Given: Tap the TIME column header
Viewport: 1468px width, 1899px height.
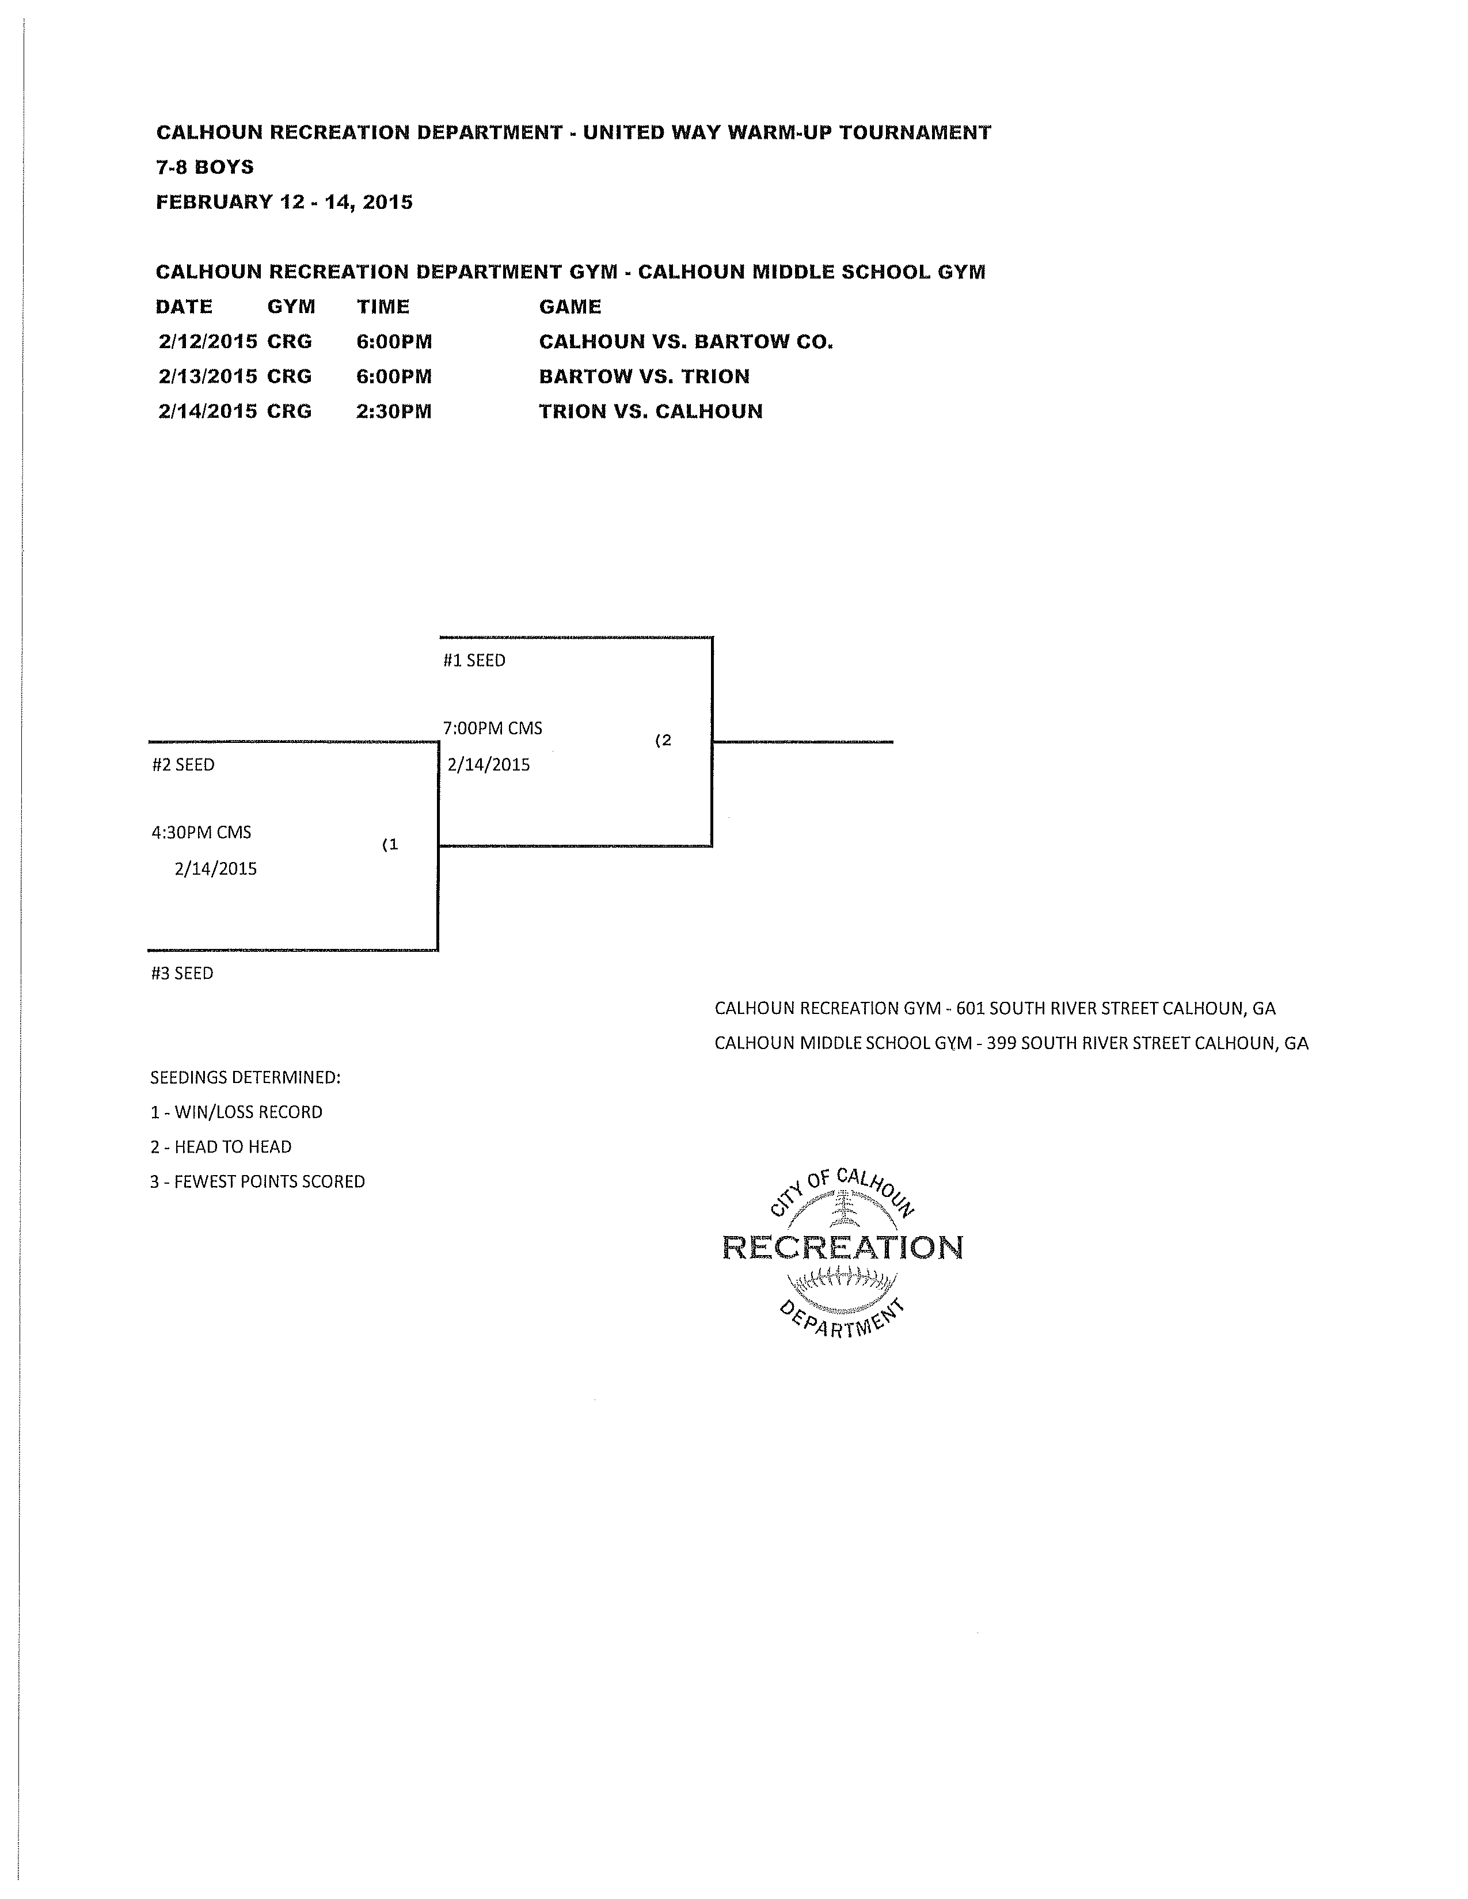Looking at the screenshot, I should (x=383, y=306).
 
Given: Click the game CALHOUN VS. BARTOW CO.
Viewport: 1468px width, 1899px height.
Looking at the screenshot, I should (x=685, y=342).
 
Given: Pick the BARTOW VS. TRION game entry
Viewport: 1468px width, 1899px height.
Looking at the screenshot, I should (x=644, y=376).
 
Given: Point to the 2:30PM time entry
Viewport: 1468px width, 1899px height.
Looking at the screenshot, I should (x=393, y=411).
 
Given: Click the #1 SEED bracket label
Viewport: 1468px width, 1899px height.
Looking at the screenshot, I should (x=474, y=660).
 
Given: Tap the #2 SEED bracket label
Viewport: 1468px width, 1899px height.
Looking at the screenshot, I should (x=182, y=764).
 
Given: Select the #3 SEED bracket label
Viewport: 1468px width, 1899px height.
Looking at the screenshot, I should (x=182, y=973).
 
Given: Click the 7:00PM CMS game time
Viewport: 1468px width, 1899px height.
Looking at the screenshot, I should (x=492, y=728).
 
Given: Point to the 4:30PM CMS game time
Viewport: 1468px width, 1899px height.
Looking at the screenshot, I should (x=201, y=832).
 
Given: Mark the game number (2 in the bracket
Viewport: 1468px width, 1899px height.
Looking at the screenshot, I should (x=663, y=741).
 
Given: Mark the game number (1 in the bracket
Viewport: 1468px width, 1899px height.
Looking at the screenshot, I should (x=390, y=844).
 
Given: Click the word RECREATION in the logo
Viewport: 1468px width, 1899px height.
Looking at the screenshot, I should (x=842, y=1248).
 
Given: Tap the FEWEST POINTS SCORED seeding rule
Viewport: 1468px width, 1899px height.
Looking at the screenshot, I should (x=257, y=1181).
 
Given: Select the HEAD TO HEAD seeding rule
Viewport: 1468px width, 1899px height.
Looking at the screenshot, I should (x=221, y=1147).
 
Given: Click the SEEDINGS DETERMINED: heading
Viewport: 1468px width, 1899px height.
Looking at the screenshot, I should (x=245, y=1077).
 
